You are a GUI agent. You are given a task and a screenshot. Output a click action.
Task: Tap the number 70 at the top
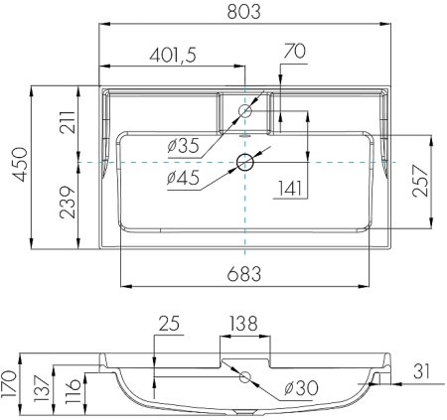point(293,49)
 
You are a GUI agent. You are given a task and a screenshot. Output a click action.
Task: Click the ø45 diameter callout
point(185,178)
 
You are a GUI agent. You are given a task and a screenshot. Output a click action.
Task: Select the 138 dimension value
point(244,325)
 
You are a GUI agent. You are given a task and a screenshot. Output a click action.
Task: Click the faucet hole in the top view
point(244,112)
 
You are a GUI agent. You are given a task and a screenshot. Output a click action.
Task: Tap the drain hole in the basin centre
point(244,162)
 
